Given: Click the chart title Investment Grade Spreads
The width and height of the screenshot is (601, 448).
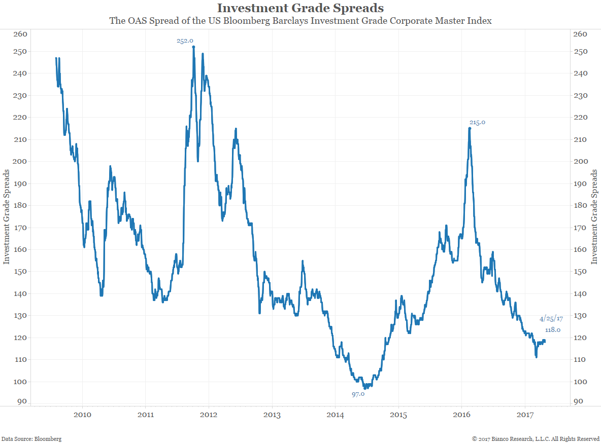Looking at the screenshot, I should coord(300,8).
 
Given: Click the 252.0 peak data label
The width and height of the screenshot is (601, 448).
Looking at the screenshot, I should coord(185,41).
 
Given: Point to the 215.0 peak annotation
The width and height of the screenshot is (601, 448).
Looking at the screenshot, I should coord(477,122).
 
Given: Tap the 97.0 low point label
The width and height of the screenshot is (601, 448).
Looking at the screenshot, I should coord(358,393).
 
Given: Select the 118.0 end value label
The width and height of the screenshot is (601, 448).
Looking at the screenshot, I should coord(552,330).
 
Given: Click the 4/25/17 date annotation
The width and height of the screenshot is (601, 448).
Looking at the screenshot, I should coord(551,319).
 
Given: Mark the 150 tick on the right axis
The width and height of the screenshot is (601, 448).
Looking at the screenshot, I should coord(580,271).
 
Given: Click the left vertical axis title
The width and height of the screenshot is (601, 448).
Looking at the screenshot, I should coord(7,217).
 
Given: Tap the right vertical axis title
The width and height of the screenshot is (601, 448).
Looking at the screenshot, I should coord(594,217).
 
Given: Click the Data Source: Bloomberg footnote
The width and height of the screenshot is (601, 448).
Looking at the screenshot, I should coord(31,439).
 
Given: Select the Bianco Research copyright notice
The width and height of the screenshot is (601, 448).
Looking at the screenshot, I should coord(536,439).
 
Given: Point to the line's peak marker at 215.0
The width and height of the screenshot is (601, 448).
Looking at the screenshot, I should coord(470,128).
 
